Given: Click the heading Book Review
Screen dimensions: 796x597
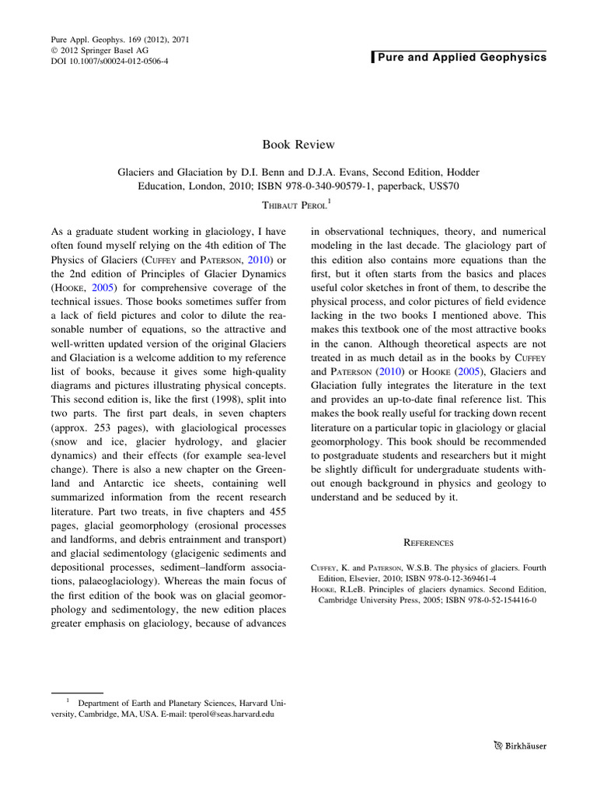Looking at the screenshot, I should [298, 144].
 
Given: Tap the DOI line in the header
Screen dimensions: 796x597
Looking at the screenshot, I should [109, 61].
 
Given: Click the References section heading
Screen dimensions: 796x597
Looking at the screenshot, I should [428, 543].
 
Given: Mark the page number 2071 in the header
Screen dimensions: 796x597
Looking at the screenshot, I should [176, 38].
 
